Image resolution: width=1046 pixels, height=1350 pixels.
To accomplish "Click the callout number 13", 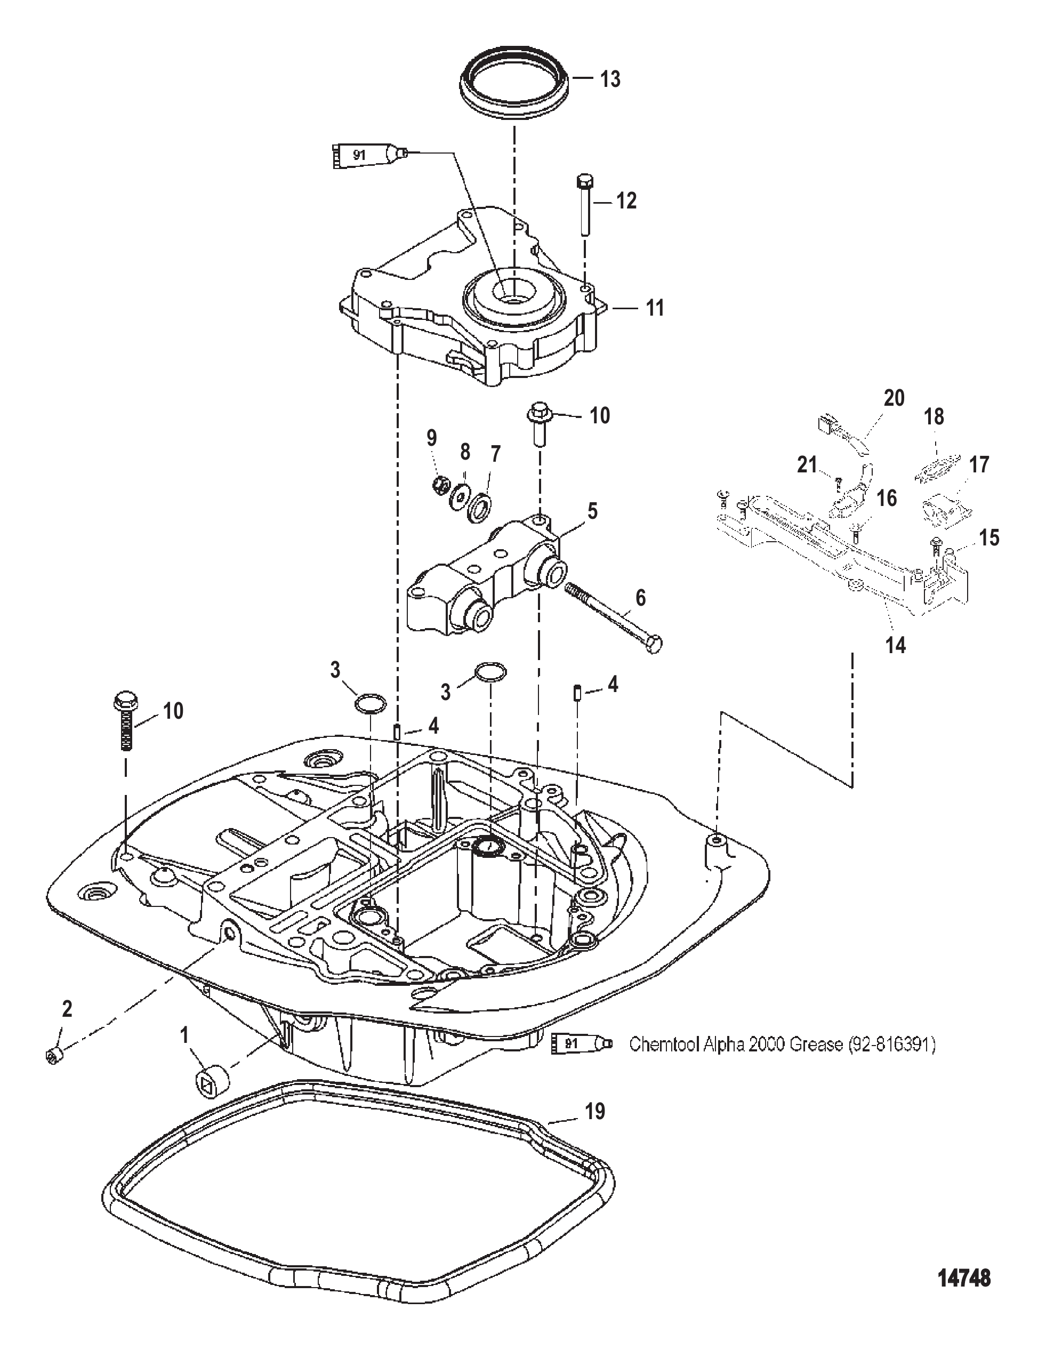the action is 610,80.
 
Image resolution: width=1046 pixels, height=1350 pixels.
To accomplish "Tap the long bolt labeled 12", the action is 584,205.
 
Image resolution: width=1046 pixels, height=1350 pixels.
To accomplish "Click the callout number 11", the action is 654,307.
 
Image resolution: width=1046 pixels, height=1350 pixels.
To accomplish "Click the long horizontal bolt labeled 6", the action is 613,617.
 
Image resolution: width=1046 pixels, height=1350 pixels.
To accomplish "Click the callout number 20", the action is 894,398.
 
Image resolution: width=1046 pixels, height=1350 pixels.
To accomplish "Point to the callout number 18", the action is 934,417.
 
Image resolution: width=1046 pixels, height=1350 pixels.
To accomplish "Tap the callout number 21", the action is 807,464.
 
